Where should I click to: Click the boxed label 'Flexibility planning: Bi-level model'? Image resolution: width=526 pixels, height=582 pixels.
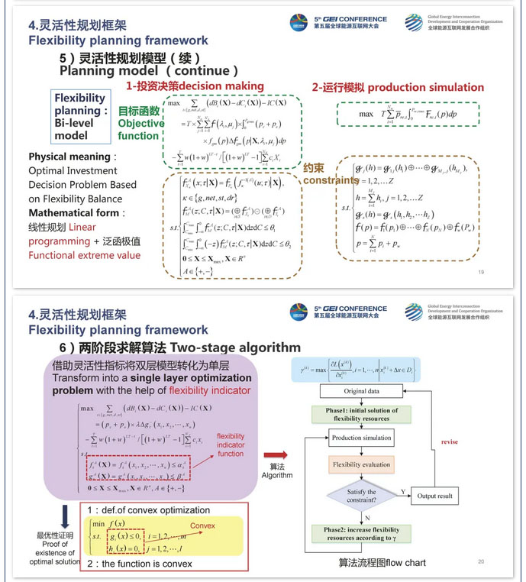coord(79,117)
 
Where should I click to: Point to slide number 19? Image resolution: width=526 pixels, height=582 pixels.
coord(481,272)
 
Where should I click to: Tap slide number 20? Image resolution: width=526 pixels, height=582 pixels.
coord(481,561)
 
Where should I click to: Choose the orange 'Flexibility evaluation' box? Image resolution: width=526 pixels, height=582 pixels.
coord(361,464)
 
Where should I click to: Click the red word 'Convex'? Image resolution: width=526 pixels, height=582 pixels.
coord(202,525)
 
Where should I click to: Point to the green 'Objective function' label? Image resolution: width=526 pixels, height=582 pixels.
coord(141,124)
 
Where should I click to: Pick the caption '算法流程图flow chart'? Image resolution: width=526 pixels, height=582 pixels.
coord(382,564)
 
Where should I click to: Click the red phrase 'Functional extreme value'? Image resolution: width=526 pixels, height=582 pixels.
coord(84,254)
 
